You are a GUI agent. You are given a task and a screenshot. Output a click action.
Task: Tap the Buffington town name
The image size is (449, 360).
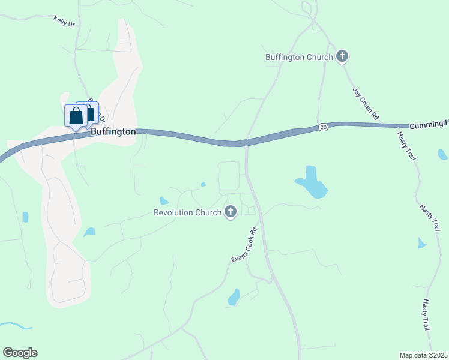113,131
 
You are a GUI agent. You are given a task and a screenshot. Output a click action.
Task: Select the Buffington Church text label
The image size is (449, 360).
299,58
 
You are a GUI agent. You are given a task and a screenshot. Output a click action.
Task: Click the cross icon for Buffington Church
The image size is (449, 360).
342,57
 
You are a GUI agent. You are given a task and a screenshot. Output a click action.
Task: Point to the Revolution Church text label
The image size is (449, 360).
187,212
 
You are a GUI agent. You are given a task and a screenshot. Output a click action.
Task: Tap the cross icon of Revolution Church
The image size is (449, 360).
230,212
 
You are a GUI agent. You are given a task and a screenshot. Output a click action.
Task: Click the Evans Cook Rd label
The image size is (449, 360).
244,244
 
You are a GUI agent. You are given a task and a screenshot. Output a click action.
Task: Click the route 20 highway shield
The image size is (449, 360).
323,127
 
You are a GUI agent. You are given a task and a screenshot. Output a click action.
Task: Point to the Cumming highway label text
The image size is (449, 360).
429,125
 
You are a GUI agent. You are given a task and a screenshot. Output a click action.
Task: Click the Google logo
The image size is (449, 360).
20,353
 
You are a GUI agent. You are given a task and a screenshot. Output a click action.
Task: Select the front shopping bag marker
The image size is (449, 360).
76,116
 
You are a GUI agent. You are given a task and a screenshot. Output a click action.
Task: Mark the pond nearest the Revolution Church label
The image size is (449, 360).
163,200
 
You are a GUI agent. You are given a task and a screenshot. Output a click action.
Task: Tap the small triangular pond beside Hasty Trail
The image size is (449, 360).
421,243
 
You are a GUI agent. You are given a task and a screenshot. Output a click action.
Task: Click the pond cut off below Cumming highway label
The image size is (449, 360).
442,154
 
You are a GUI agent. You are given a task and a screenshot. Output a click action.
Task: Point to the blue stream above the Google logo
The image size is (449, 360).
14,325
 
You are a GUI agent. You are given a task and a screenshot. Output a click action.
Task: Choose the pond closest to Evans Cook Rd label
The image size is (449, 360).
234,297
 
